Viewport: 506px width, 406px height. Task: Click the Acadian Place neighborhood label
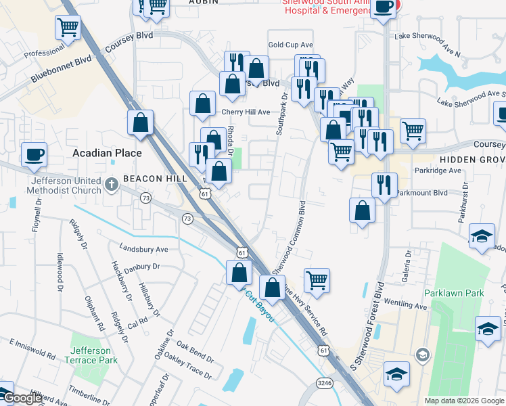[x=108, y=153]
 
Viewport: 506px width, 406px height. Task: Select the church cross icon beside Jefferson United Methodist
[x=112, y=183]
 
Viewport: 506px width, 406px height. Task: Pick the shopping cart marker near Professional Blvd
[x=68, y=28]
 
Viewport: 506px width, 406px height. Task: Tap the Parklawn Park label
[x=454, y=293]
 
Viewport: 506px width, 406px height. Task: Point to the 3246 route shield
[x=325, y=384]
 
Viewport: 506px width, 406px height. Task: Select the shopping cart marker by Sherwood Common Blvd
[x=317, y=279]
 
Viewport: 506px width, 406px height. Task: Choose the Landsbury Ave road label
[x=143, y=248]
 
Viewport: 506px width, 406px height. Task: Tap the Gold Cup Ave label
[x=290, y=45]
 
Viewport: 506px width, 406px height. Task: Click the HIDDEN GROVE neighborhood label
[x=473, y=158]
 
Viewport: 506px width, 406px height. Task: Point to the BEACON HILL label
[x=145, y=178]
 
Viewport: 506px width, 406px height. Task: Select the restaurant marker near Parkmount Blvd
[x=384, y=185]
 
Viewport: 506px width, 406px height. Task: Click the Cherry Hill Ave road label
[x=245, y=112]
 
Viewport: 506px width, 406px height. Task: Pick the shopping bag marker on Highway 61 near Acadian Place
[x=140, y=122]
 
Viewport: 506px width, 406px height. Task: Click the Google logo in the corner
[x=22, y=398]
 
